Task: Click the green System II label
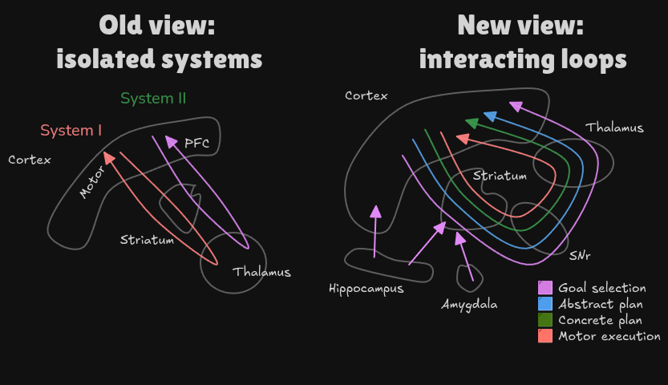coord(153,99)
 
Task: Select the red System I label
coord(71,130)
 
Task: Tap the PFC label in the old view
coord(196,143)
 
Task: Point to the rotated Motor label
coord(92,184)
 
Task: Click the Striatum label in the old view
coord(147,240)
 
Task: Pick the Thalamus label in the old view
coord(261,272)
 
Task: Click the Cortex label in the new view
coord(366,95)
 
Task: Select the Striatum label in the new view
coord(499,176)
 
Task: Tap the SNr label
coord(581,255)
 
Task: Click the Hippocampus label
coord(366,289)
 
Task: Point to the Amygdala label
coord(469,305)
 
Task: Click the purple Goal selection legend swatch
coord(545,288)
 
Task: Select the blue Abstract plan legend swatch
coord(545,304)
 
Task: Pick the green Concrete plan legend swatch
coord(545,320)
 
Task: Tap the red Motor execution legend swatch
coord(545,336)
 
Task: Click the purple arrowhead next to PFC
coord(170,141)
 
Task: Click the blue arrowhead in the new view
coord(490,117)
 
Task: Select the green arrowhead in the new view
coord(472,124)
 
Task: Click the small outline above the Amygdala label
coord(470,276)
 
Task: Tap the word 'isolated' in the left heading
coord(105,59)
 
